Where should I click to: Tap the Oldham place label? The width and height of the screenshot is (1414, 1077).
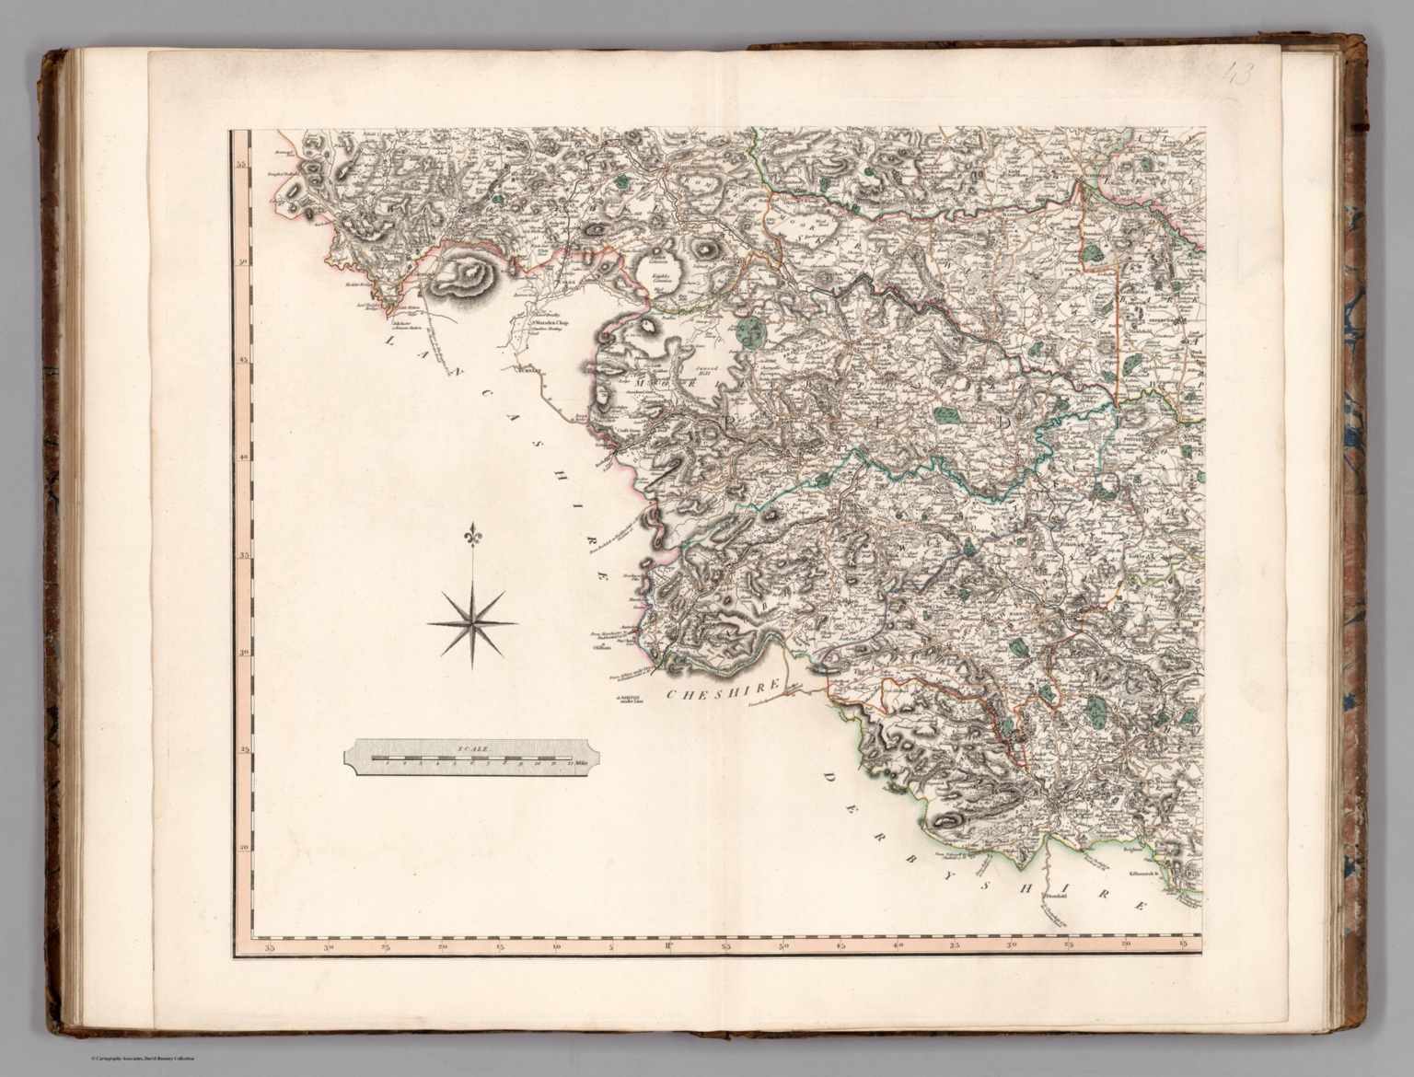[603, 647]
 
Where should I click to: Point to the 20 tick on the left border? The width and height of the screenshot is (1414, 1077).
[244, 848]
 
